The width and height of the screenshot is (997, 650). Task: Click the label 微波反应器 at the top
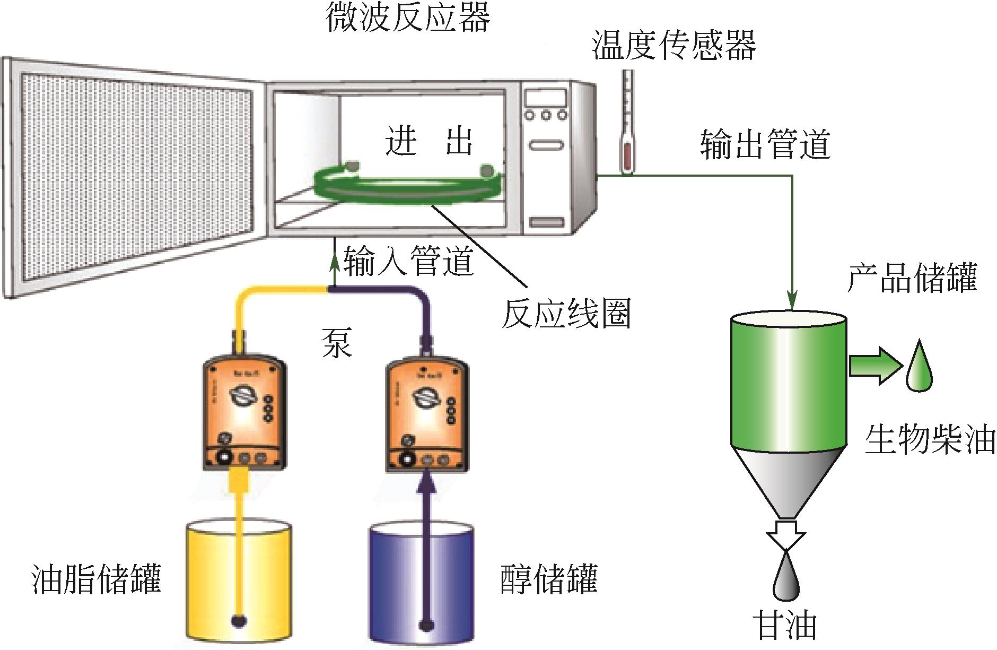click(407, 17)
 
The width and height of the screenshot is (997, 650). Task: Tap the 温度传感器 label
click(674, 45)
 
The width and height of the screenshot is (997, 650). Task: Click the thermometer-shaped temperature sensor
click(627, 125)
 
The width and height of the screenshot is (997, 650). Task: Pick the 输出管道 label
click(765, 144)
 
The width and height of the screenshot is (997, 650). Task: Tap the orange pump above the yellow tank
click(244, 414)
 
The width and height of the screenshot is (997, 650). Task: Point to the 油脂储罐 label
click(97, 578)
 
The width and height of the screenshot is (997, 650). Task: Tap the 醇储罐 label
click(549, 578)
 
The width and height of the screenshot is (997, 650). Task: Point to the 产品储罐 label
click(912, 278)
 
